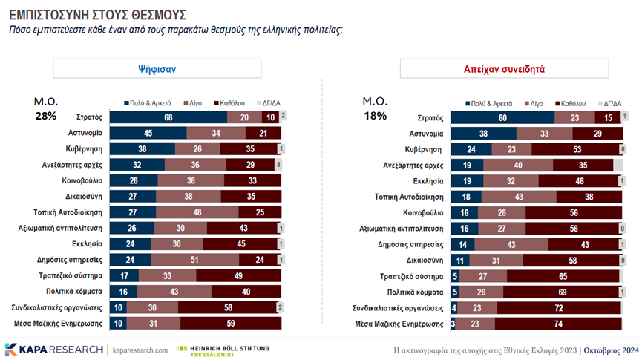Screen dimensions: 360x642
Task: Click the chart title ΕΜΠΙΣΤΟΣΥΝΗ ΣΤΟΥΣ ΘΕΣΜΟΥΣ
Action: [97, 14]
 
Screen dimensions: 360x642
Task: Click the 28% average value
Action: [45, 116]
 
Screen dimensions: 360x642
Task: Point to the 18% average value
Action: [374, 116]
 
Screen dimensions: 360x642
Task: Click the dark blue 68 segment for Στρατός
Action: [168, 117]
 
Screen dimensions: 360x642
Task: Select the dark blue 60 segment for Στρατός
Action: [502, 117]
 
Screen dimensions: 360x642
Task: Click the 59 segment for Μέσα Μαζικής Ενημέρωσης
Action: [230, 323]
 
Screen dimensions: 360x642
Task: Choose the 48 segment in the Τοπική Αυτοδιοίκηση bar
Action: [197, 212]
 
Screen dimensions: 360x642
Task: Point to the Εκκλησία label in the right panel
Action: [427, 180]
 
